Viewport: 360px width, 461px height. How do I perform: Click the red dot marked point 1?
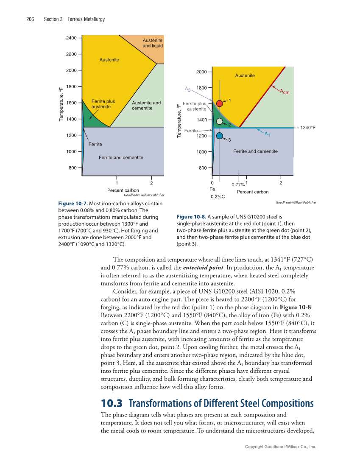219,103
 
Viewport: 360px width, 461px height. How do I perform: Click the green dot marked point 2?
219,121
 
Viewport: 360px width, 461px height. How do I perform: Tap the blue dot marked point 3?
219,136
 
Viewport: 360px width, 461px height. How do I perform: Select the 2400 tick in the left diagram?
71,38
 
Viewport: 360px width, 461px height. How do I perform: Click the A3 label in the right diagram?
188,89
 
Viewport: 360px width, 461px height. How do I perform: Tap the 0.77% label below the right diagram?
238,184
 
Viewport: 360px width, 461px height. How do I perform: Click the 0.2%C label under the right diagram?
218,197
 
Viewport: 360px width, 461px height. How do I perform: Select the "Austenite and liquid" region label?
153,43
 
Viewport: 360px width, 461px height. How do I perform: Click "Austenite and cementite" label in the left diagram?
146,105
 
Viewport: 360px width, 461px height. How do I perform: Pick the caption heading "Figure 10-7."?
73,204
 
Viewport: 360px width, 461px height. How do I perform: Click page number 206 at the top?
30,20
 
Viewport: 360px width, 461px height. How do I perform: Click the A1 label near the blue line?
267,134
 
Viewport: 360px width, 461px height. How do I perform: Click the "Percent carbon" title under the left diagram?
123,190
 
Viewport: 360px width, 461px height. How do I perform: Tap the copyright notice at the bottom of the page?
281,447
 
